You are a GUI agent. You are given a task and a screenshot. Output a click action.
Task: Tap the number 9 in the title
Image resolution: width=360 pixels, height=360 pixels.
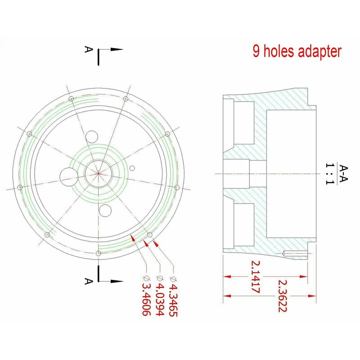[256, 51]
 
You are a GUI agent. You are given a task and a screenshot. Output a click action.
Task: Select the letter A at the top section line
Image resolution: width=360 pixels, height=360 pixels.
[88, 49]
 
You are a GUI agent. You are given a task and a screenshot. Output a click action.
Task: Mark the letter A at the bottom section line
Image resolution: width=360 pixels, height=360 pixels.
[88, 281]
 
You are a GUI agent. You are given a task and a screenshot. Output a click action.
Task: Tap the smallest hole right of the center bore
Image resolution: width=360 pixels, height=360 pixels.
[132, 168]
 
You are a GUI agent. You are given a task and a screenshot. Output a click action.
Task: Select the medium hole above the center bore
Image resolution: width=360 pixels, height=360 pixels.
[92, 137]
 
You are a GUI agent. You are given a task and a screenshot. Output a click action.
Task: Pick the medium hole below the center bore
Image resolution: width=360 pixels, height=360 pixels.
[106, 209]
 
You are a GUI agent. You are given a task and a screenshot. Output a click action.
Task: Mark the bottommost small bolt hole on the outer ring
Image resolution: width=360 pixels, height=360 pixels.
[99, 254]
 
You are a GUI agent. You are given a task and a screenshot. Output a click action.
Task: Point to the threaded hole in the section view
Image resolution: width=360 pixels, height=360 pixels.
[295, 254]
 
